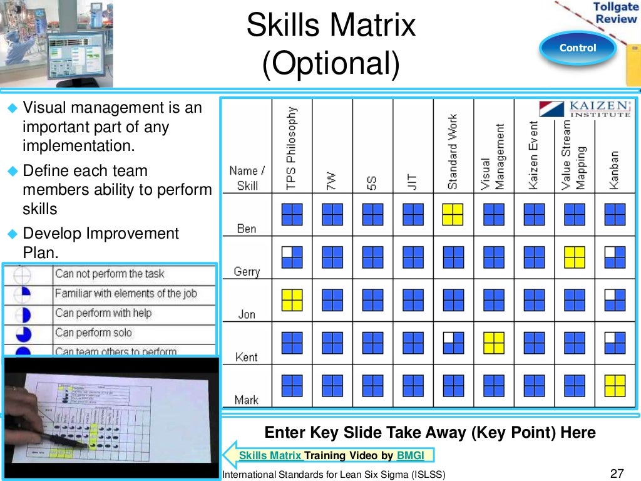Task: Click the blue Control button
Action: tap(577, 48)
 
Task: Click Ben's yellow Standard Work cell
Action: tap(453, 214)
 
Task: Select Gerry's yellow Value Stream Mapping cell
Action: tap(574, 257)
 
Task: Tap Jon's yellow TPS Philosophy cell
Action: tap(292, 299)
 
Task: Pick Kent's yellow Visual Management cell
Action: tap(493, 343)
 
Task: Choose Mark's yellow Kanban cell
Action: tap(615, 385)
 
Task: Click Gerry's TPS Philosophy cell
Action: tap(292, 257)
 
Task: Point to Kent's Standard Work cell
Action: tap(453, 343)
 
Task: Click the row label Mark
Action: tap(247, 400)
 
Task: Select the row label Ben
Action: tap(247, 229)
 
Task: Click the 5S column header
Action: tap(372, 183)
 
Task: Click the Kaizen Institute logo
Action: tap(585, 109)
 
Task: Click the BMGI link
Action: tap(414, 455)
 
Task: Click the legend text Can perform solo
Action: tap(93, 333)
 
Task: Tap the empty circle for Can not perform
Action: tap(22, 274)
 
